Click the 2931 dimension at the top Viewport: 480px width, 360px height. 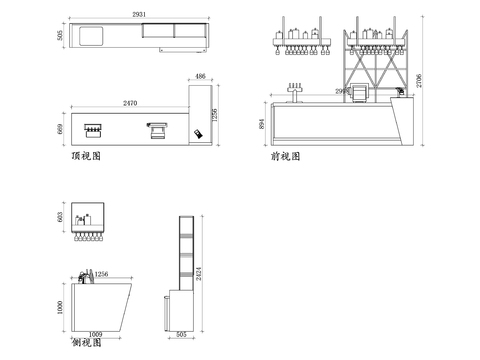pos(140,13)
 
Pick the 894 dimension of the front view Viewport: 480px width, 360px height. pos(264,123)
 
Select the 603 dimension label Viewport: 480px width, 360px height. pos(61,218)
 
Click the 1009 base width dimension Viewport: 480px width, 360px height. pos(97,334)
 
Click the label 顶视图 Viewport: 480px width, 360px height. pos(86,157)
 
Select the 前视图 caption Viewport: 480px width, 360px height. pos(285,157)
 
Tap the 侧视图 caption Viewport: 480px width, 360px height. pos(87,343)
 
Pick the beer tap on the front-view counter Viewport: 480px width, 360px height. pos(295,92)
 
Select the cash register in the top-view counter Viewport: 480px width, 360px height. pos(156,128)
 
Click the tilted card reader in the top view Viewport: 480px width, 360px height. pos(199,134)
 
